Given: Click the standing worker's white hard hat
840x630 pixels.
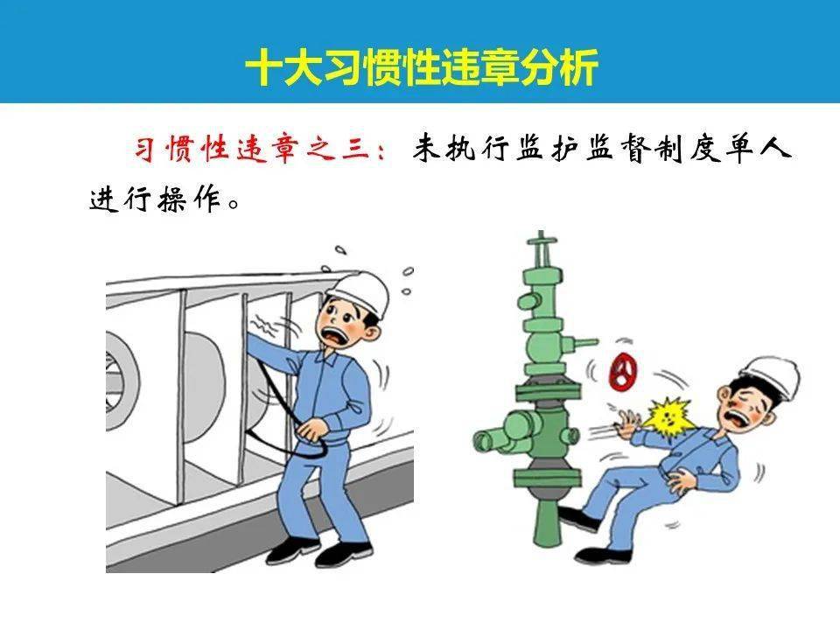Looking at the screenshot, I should [x=360, y=290].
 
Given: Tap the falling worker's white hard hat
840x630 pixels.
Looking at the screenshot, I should [x=770, y=375].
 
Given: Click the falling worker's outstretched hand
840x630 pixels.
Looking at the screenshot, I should [x=629, y=427].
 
